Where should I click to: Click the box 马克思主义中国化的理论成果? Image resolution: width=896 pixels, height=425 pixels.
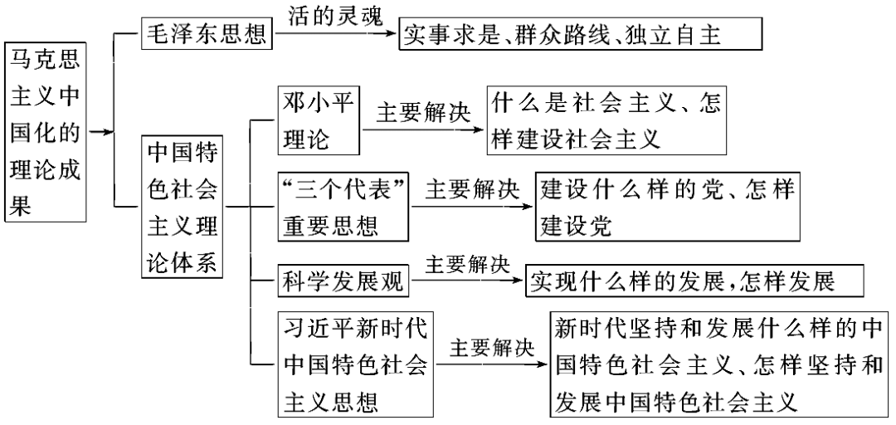click(x=45, y=131)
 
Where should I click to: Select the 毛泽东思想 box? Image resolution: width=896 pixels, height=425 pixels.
click(x=207, y=33)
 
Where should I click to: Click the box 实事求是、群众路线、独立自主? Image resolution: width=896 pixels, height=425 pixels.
click(x=581, y=34)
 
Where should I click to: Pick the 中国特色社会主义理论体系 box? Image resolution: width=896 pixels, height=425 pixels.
click(x=183, y=207)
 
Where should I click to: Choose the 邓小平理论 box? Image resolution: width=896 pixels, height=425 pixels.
click(x=319, y=120)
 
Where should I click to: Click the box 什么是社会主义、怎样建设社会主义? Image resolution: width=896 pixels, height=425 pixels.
click(x=606, y=120)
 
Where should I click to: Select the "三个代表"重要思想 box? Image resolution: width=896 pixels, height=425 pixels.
click(x=343, y=207)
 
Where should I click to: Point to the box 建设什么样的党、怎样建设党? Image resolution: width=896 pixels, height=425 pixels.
click(x=667, y=207)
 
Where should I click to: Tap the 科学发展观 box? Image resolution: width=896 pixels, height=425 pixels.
click(x=343, y=281)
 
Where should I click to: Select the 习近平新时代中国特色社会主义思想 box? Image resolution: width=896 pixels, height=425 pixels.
click(x=355, y=364)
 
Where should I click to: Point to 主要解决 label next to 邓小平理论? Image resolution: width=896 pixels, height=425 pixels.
click(x=423, y=113)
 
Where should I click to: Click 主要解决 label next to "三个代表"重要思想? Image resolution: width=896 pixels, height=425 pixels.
click(x=473, y=189)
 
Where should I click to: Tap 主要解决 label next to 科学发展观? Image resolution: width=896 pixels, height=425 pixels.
click(x=467, y=264)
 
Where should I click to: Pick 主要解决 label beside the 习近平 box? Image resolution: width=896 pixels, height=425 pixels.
click(x=492, y=349)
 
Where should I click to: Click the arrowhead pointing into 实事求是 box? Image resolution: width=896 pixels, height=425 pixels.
click(x=392, y=34)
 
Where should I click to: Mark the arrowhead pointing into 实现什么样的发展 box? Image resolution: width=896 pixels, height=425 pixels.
click(x=519, y=281)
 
